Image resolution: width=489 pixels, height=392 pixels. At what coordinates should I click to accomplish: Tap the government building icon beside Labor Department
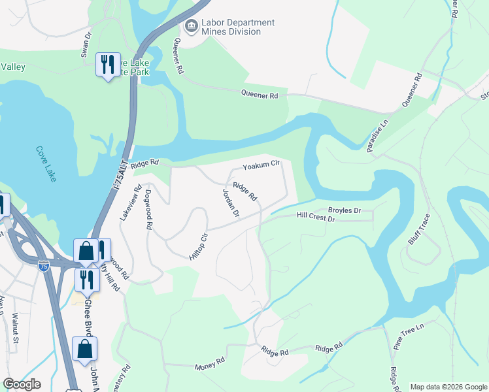click(192, 27)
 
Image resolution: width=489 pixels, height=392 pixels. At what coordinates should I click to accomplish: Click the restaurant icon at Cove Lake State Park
click(108, 64)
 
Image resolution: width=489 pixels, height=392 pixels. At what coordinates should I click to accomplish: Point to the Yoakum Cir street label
click(261, 163)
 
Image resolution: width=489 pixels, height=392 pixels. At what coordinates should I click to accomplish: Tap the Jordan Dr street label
click(231, 203)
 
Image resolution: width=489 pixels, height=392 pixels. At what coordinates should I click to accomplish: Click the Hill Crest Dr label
click(315, 217)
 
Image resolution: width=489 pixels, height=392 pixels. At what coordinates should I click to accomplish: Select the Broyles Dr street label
click(344, 210)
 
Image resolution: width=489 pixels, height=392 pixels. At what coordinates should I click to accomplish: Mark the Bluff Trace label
click(419, 229)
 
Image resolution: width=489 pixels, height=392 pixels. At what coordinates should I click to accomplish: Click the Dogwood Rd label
click(148, 209)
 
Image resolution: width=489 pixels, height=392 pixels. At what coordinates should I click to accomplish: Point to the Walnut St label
click(14, 325)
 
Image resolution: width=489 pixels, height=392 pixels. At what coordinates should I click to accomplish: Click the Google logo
click(22, 384)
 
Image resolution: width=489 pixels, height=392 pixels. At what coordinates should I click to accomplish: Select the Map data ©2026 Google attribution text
click(448, 387)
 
